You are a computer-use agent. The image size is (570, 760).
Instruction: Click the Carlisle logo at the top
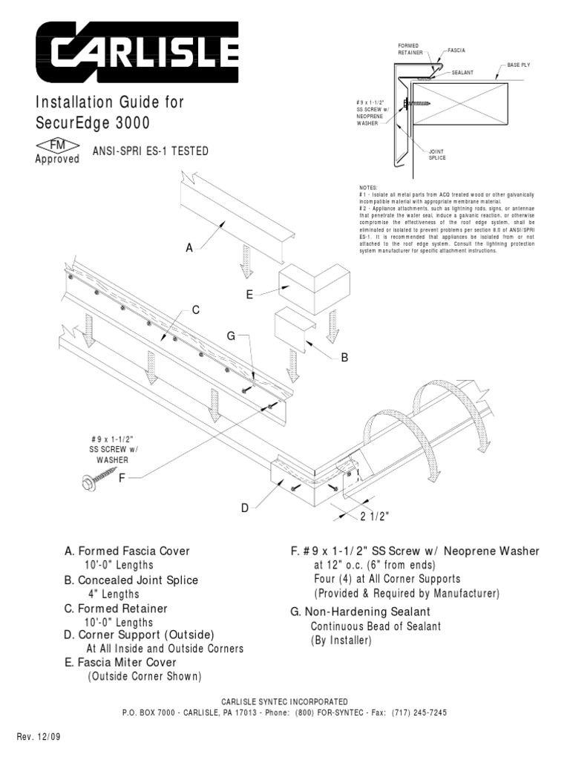coord(138,51)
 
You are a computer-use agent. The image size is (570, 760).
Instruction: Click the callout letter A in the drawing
coord(189,249)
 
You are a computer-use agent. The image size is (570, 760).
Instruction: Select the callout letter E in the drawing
coord(250,295)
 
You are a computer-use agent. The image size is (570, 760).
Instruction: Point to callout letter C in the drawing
coord(196,309)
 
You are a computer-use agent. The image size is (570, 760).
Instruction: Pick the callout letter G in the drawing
coord(231,336)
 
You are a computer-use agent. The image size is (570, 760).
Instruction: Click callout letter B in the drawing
coord(344,358)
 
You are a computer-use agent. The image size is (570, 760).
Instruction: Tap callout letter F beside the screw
coord(123,478)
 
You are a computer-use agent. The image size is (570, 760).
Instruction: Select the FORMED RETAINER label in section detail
coord(411,50)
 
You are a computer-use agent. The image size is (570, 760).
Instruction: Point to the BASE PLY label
coord(519,65)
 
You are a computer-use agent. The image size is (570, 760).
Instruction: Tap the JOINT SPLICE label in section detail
coord(437,154)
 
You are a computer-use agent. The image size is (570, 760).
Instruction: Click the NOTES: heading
coord(367,188)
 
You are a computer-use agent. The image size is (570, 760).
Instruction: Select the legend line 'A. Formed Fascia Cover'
coord(127,551)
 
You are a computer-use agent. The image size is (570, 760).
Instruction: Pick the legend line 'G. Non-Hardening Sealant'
coord(360,612)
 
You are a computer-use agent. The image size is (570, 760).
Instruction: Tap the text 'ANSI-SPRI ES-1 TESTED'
coord(151,151)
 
